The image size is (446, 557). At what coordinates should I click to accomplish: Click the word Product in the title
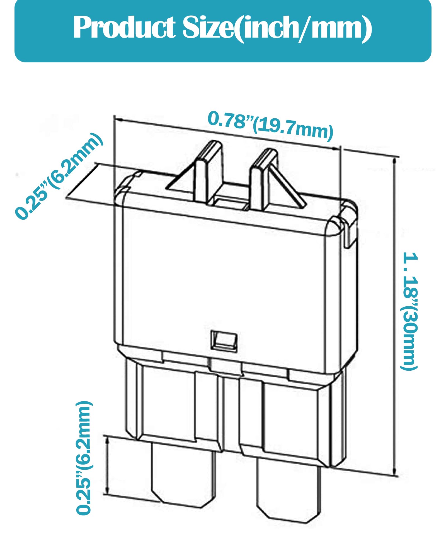124,28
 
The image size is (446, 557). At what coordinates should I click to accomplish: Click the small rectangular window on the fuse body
224,340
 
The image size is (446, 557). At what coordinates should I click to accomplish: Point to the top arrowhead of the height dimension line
394,162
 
